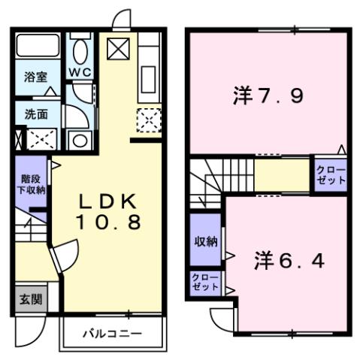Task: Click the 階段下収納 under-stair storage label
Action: click(32, 185)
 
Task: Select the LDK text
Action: click(108, 201)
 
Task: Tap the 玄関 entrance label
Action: click(30, 298)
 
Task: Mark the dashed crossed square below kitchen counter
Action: click(148, 119)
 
